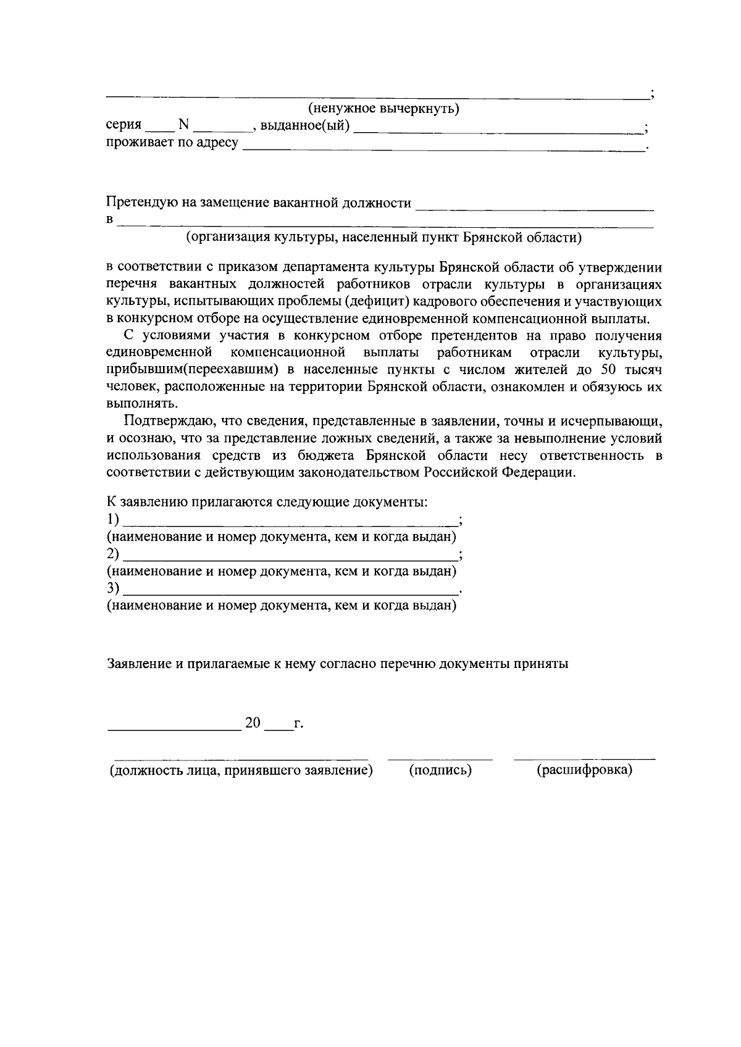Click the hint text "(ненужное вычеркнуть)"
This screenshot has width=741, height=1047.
click(x=383, y=110)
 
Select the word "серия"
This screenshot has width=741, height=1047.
click(x=124, y=126)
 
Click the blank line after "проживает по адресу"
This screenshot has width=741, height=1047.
click(x=443, y=148)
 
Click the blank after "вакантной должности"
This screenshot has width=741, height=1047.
click(x=535, y=208)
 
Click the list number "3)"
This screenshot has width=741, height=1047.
click(x=113, y=588)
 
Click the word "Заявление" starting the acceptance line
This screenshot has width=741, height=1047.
click(x=138, y=664)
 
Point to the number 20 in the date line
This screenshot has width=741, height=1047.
click(x=254, y=723)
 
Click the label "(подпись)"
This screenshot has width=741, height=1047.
click(x=440, y=770)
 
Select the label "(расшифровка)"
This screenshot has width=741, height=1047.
click(x=584, y=770)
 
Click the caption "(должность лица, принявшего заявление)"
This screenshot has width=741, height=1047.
click(x=241, y=770)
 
